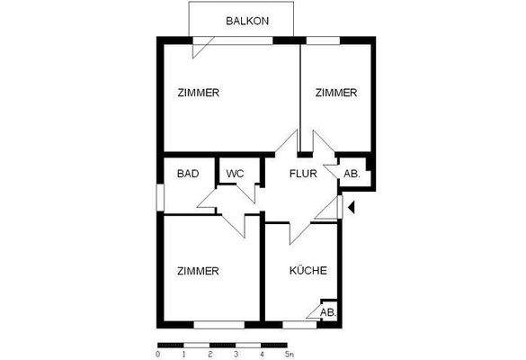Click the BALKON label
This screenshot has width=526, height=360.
(x=245, y=20)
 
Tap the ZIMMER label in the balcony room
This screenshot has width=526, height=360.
(x=199, y=93)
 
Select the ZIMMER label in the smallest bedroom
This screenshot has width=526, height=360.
(x=335, y=93)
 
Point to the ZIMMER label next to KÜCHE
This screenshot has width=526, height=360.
(x=199, y=271)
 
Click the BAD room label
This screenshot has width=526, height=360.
(x=187, y=174)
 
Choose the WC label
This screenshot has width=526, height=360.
(x=235, y=174)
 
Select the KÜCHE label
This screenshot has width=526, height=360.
(x=308, y=271)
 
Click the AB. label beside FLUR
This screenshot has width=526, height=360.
(x=352, y=175)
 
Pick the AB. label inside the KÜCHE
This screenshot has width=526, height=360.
(x=328, y=312)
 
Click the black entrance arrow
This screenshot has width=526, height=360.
(x=352, y=208)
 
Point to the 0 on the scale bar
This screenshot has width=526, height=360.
(x=158, y=354)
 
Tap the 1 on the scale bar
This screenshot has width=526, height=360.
(x=183, y=354)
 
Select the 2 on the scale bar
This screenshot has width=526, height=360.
(x=210, y=354)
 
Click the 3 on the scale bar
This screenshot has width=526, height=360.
(x=236, y=354)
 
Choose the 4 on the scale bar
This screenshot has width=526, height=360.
(x=262, y=354)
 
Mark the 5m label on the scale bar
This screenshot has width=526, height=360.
(x=290, y=354)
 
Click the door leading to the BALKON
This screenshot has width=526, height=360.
(x=202, y=47)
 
